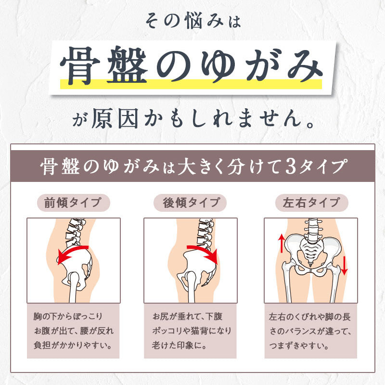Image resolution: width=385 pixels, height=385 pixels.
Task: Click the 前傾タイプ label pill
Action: (x=74, y=203)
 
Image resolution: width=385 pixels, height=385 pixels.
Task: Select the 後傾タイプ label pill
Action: (x=190, y=203)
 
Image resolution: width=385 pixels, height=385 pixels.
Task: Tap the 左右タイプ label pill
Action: (x=311, y=203)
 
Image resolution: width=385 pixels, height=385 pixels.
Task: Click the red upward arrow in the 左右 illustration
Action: (x=282, y=244)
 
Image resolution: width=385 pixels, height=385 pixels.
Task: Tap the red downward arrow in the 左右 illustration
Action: (x=344, y=266)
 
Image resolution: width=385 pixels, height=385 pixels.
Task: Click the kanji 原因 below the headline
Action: (x=115, y=119)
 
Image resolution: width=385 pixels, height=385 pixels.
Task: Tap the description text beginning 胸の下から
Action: (x=74, y=331)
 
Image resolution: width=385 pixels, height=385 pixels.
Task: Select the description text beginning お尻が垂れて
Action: (x=192, y=331)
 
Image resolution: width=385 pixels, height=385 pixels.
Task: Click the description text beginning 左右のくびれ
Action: (x=310, y=331)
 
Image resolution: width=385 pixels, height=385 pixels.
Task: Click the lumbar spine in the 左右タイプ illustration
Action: (x=312, y=230)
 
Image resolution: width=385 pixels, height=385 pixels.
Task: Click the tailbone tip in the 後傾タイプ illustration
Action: (x=204, y=285)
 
